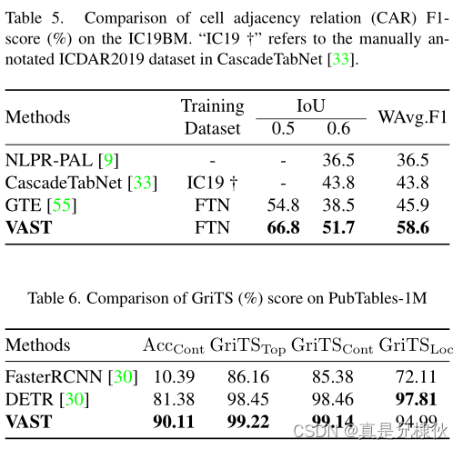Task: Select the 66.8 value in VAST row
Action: tap(284, 227)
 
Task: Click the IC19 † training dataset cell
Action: tap(212, 182)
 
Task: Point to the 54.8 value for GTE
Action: tap(284, 205)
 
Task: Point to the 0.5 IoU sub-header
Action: tap(284, 128)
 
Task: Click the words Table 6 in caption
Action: tap(49, 298)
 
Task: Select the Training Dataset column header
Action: tap(212, 116)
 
